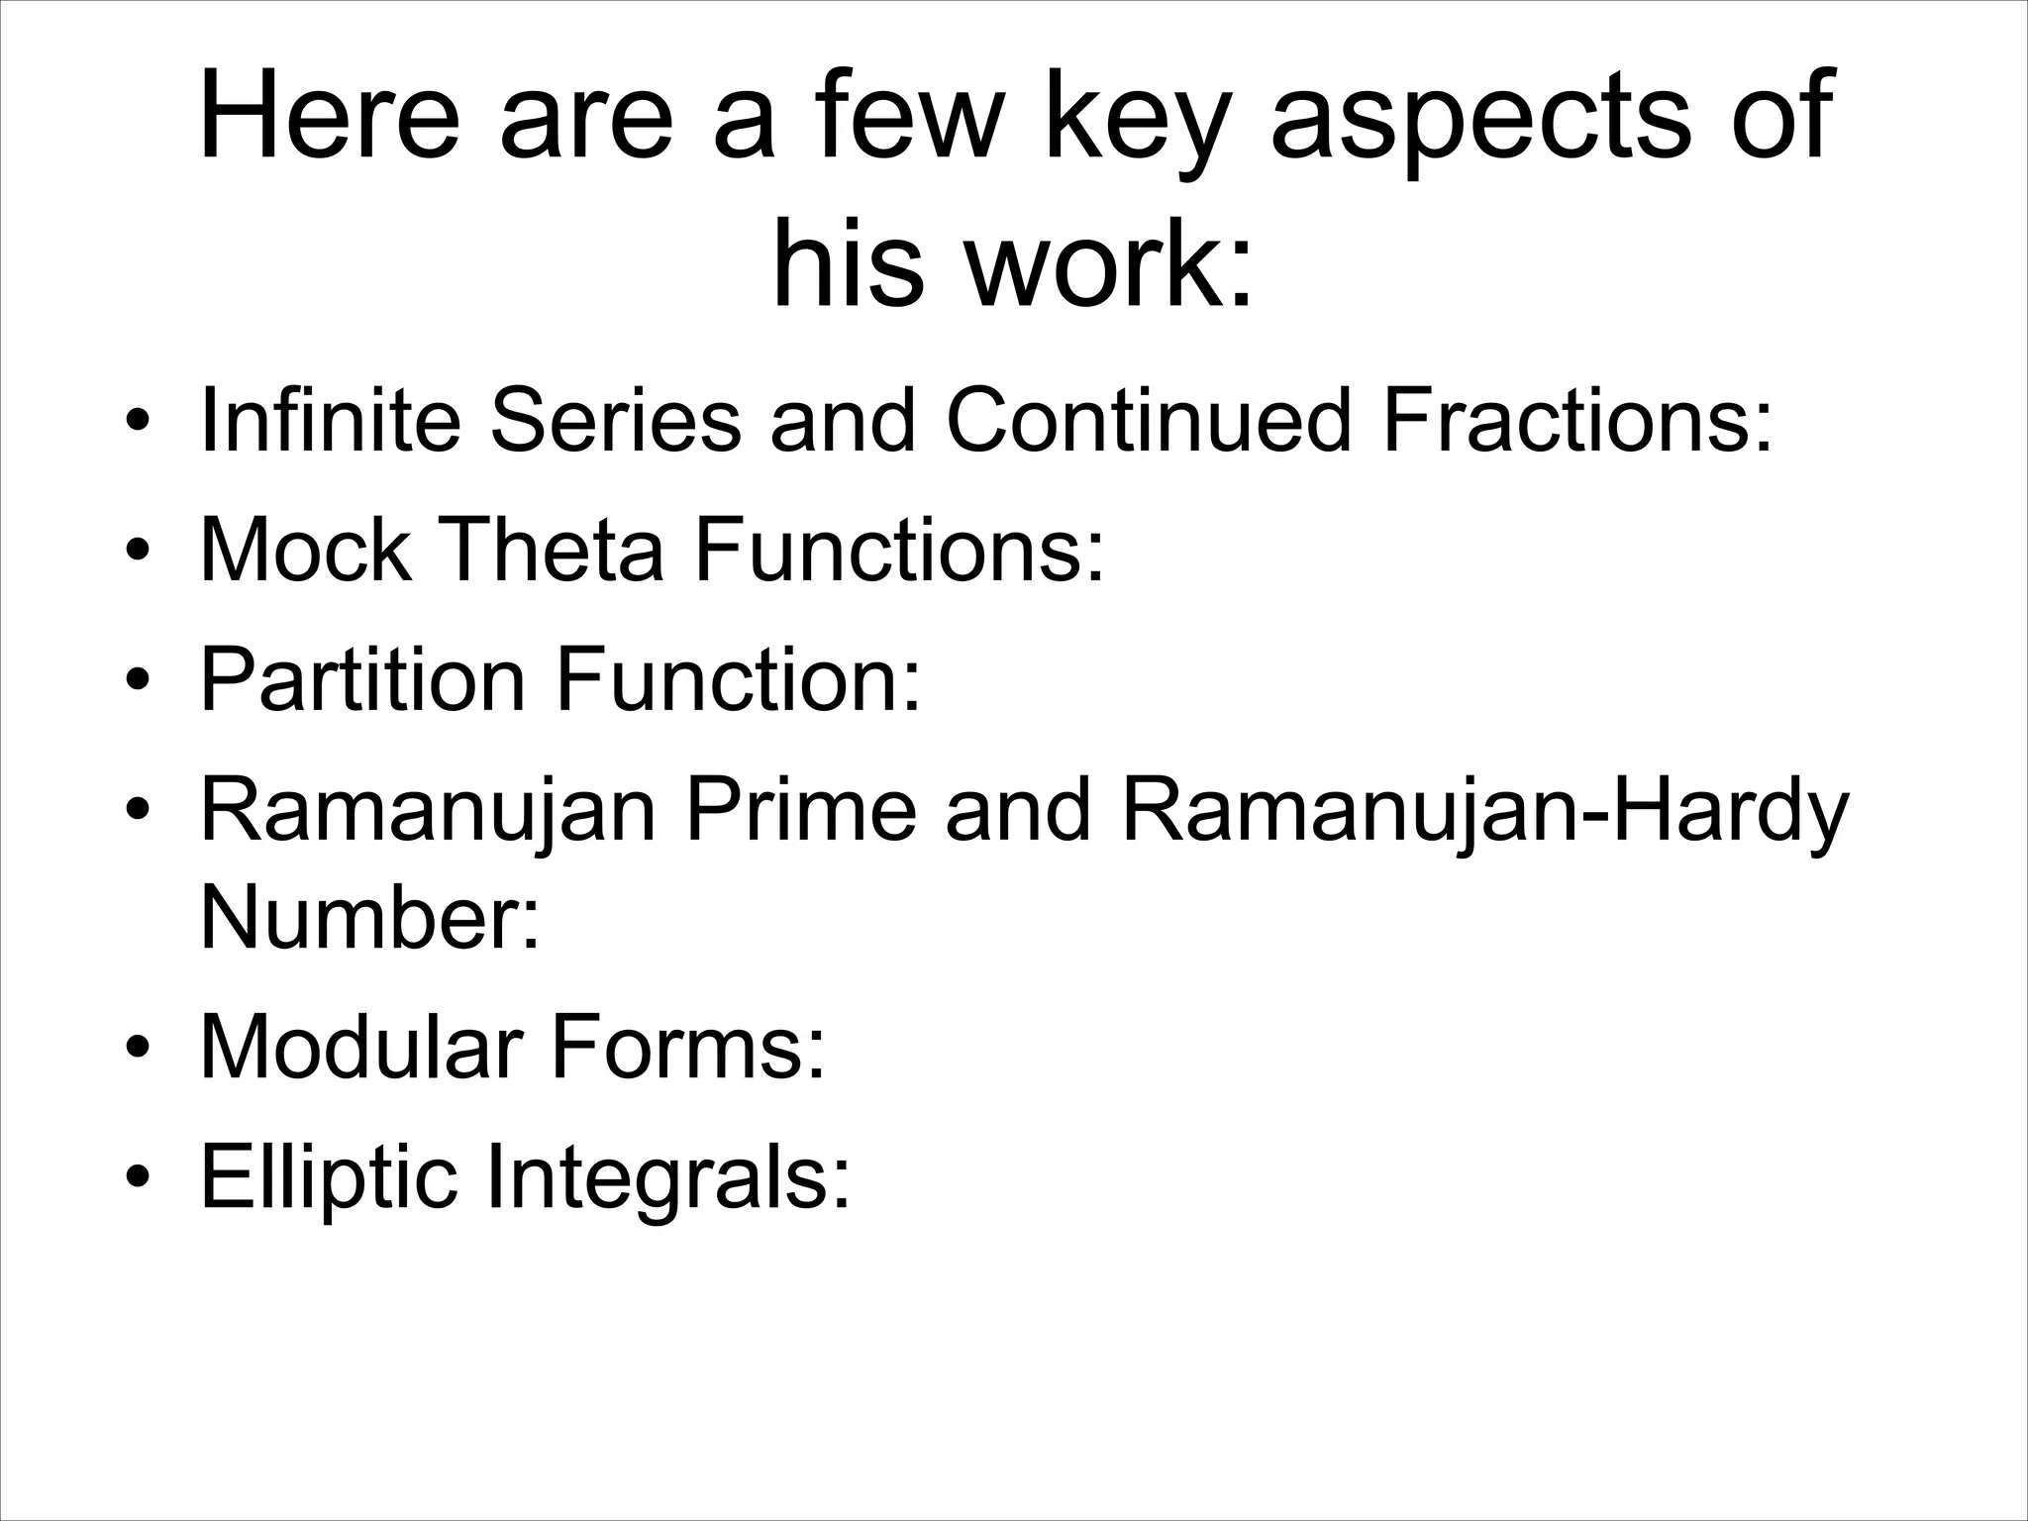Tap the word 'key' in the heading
(1128, 119)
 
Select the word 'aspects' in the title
(1477, 119)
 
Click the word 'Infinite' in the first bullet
(331, 420)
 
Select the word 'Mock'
(305, 551)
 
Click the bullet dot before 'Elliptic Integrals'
(139, 1179)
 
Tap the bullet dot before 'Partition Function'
(139, 683)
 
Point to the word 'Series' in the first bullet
(615, 420)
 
